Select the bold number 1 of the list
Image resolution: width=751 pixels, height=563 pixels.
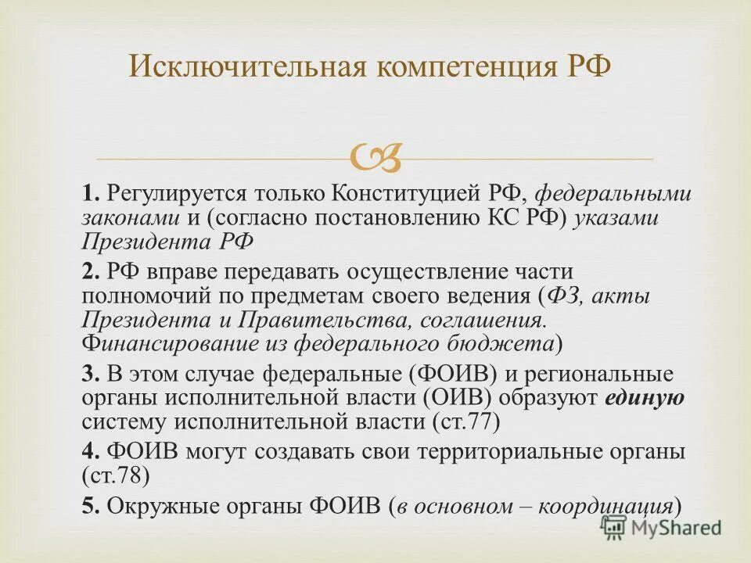click(89, 193)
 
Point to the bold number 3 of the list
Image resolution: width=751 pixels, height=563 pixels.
click(89, 374)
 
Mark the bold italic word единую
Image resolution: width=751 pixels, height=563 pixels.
click(645, 398)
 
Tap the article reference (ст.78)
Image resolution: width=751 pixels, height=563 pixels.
click(114, 475)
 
